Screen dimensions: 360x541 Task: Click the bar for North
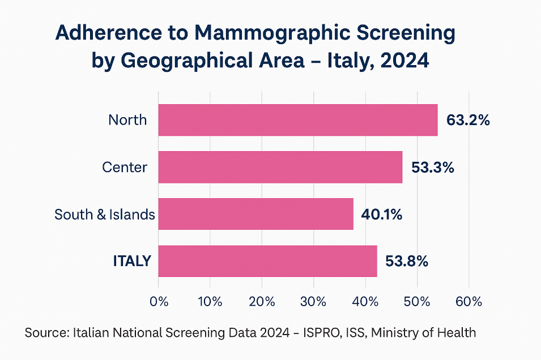(298, 120)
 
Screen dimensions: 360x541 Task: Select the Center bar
(280, 167)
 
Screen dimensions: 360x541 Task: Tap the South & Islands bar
(256, 214)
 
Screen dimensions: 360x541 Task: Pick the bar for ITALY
(268, 261)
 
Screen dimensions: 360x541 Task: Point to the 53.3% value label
(433, 168)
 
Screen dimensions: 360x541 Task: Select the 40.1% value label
(381, 215)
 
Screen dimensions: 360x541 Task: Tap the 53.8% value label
(406, 262)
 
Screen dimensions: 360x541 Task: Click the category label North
(127, 120)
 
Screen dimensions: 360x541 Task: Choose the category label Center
(125, 168)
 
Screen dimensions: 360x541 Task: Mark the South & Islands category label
(104, 215)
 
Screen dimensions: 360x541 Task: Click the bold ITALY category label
(132, 261)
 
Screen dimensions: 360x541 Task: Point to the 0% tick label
(159, 301)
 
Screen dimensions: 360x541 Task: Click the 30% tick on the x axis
(314, 301)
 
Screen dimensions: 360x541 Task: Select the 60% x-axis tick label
(468, 301)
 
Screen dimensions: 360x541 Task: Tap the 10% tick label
(210, 301)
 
